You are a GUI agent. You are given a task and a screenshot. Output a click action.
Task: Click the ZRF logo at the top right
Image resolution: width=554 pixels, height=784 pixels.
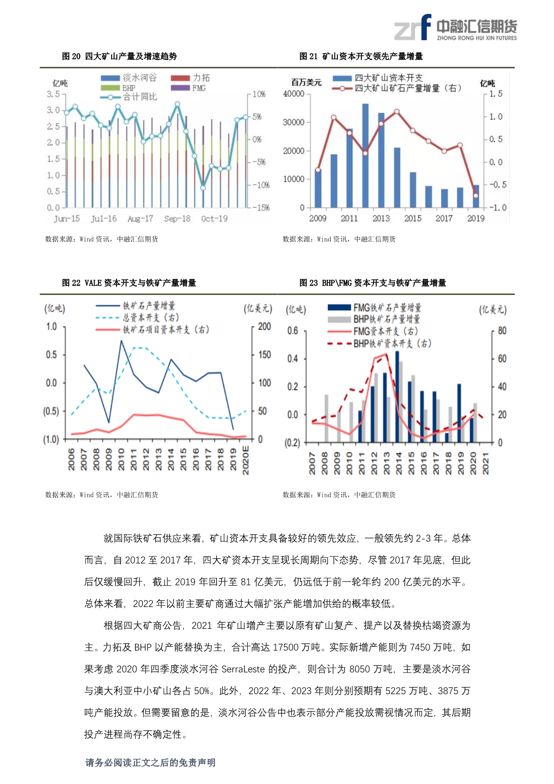coord(455,27)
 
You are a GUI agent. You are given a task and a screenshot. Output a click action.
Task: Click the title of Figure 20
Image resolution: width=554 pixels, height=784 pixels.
coord(119,56)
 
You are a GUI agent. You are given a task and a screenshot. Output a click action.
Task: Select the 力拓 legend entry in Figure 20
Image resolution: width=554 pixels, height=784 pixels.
coord(191,78)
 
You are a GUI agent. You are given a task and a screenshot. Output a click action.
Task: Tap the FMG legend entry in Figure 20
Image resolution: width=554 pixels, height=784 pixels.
coord(189,88)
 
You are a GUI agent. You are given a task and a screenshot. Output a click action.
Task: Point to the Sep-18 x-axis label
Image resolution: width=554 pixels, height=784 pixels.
coord(177,219)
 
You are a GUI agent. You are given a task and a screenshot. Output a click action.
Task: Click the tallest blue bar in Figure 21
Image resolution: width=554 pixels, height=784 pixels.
coord(365,156)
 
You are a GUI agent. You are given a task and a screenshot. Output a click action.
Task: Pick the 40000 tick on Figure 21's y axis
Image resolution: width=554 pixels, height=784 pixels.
coord(294,94)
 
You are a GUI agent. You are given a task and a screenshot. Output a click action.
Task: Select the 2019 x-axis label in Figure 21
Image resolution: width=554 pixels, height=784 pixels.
coord(476,218)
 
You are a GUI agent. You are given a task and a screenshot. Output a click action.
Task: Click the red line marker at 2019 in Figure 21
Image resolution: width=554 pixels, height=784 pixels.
coord(476,195)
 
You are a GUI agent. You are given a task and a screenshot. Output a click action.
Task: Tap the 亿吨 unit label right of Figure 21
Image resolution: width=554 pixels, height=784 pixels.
coord(487,83)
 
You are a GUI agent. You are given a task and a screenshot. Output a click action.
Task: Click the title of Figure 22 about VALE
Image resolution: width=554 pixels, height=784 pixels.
coord(129,283)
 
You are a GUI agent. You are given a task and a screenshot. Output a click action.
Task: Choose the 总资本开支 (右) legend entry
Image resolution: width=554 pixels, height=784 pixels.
coord(138,317)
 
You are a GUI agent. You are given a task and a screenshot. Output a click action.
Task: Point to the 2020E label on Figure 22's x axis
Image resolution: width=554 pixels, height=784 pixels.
coord(245,460)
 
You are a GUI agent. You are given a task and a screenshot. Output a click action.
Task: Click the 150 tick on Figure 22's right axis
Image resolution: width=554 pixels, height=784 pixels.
coord(264,354)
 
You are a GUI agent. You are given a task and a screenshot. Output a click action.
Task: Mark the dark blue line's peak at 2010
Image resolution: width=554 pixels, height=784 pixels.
coord(121,341)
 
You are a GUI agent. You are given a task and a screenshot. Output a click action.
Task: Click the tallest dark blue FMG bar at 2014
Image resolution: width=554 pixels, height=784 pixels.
coord(397,396)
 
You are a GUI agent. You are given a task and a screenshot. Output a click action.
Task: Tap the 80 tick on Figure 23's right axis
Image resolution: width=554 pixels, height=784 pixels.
coord(502,331)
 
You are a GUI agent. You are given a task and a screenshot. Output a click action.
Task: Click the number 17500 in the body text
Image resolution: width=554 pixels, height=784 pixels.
coord(285,647)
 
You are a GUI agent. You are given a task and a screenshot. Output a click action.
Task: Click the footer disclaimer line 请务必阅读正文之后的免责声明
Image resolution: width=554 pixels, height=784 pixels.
coord(150,763)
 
